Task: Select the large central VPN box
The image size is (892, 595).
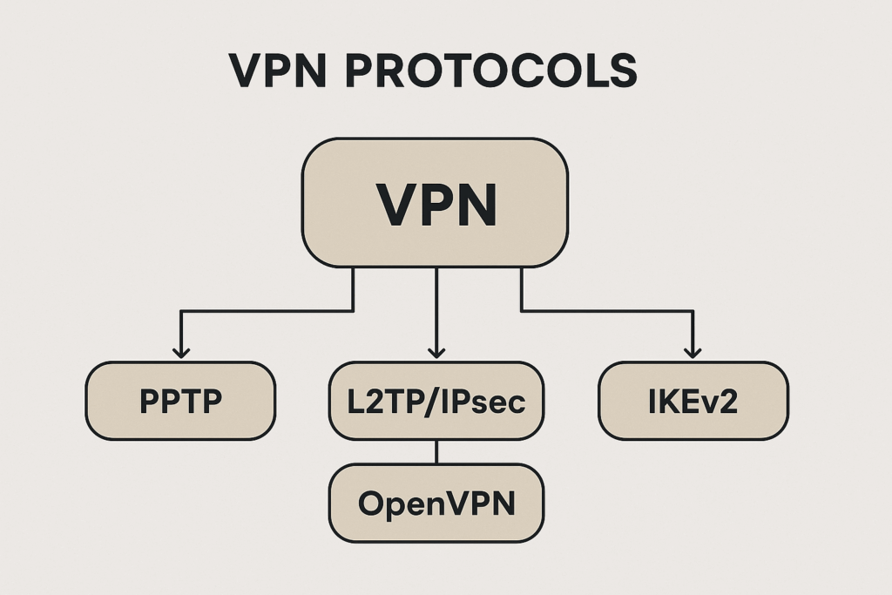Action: [x=435, y=202]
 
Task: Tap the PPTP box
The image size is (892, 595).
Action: [x=180, y=401]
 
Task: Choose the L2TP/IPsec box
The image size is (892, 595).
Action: [x=436, y=401]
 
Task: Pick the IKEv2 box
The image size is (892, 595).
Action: [x=693, y=401]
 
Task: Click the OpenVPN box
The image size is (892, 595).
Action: [x=436, y=504]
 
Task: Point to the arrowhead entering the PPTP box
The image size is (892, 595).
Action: [x=180, y=351]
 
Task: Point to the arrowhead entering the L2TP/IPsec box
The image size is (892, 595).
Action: [x=436, y=351]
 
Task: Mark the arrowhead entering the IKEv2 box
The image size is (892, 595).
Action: [x=693, y=351]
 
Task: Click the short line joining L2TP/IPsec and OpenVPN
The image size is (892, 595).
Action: [x=436, y=452]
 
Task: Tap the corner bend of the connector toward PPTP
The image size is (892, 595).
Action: [x=180, y=310]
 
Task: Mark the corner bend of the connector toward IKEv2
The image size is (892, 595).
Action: [x=693, y=310]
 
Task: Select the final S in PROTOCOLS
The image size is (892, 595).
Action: [x=624, y=71]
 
